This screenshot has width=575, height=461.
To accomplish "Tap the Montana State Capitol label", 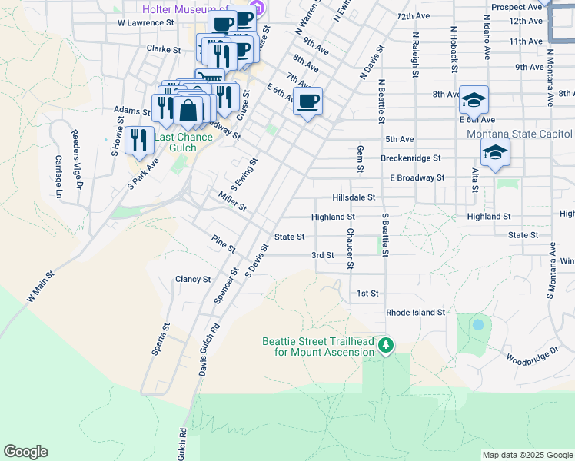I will pyautogui.click(x=519, y=134).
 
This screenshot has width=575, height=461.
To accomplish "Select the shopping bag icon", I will pyautogui.click(x=188, y=111).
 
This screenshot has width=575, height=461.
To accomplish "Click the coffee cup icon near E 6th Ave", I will pyautogui.click(x=307, y=102).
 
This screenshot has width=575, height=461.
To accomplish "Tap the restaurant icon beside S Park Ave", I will pyautogui.click(x=139, y=140).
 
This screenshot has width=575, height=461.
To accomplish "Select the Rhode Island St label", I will pyautogui.click(x=415, y=313).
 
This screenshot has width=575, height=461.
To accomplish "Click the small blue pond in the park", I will pyautogui.click(x=478, y=324).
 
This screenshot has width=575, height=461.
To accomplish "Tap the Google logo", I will pyautogui.click(x=25, y=452).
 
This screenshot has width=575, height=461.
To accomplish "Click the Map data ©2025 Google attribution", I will pyautogui.click(x=527, y=455).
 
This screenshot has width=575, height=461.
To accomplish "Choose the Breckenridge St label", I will pyautogui.click(x=410, y=158).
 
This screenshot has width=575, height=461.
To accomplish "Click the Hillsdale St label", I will pyautogui.click(x=354, y=197).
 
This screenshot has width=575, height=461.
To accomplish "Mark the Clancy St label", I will pyautogui.click(x=193, y=280).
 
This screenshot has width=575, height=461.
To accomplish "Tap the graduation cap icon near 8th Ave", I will pyautogui.click(x=474, y=100).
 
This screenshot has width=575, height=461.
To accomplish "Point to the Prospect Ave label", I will pyautogui.click(x=517, y=7).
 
